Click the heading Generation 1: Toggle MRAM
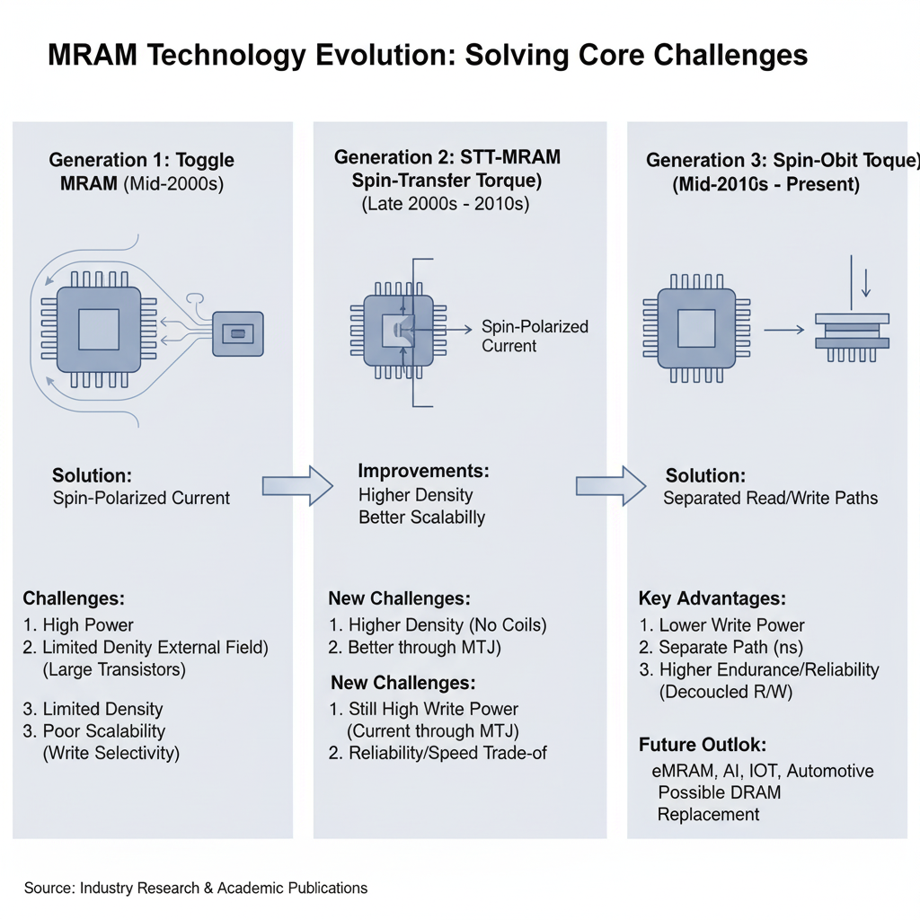[x=141, y=172]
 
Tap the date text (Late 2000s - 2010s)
[x=447, y=204]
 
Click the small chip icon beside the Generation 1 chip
[x=237, y=334]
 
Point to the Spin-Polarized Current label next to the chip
[x=534, y=336]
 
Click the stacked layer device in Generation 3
[x=852, y=332]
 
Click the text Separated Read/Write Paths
[x=770, y=498]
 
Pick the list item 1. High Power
[x=78, y=625]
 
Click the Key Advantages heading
[x=712, y=598]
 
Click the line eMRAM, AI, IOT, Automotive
[x=762, y=771]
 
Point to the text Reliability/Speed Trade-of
[x=438, y=753]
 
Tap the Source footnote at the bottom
[x=196, y=888]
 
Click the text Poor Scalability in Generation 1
[x=93, y=730]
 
